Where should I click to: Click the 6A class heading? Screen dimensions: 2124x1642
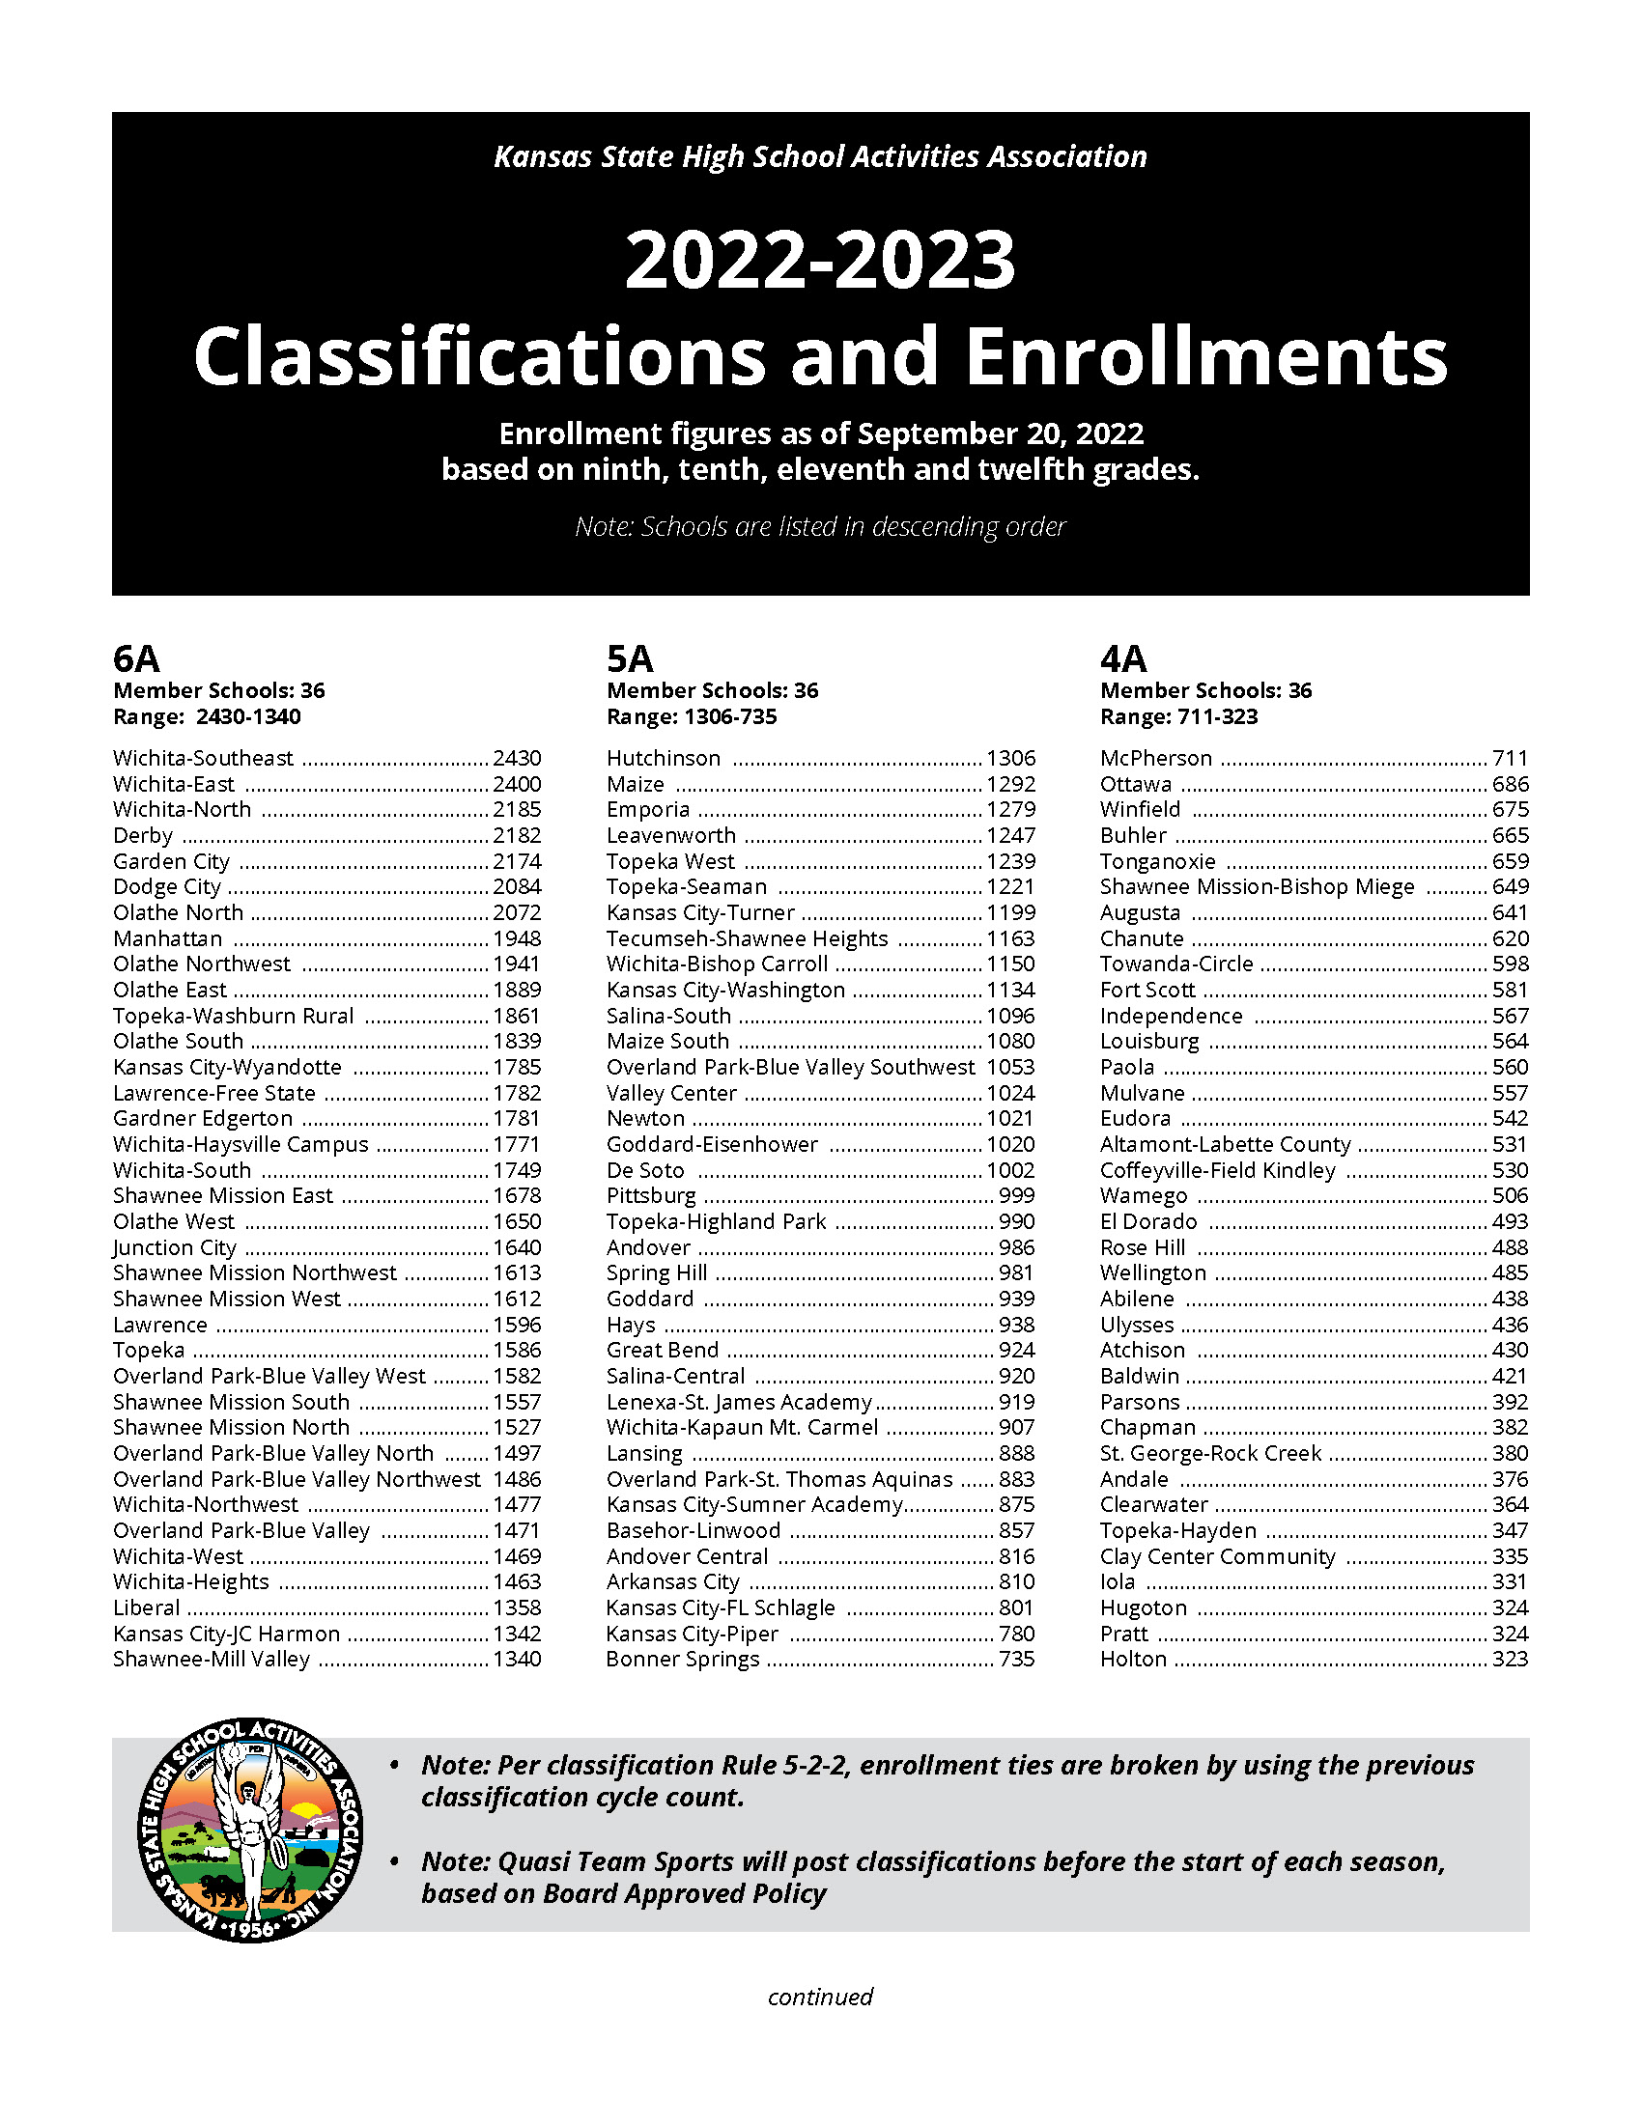(136, 658)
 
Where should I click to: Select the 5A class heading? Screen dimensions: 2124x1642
(630, 658)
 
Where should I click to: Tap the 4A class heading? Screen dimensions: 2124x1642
(1123, 658)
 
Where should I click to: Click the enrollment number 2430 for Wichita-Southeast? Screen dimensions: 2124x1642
(517, 758)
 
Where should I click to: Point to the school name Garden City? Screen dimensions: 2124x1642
(171, 860)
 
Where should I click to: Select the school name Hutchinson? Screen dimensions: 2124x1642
(664, 758)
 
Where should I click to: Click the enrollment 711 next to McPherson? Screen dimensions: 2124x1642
(1510, 758)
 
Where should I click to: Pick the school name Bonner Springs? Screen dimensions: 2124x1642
(682, 1658)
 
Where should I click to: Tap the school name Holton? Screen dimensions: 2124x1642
(1133, 1658)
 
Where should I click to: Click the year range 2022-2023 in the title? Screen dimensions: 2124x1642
(820, 260)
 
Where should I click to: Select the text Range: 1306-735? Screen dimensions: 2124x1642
(692, 716)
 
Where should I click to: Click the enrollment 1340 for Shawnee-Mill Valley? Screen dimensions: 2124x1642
(517, 1658)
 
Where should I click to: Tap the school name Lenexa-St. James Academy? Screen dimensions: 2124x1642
(739, 1402)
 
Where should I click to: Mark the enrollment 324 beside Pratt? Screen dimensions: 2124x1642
(1510, 1633)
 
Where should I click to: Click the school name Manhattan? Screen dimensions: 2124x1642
(167, 938)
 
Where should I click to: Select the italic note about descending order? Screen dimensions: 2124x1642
(820, 526)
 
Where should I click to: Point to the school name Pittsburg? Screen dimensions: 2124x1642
(651, 1195)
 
